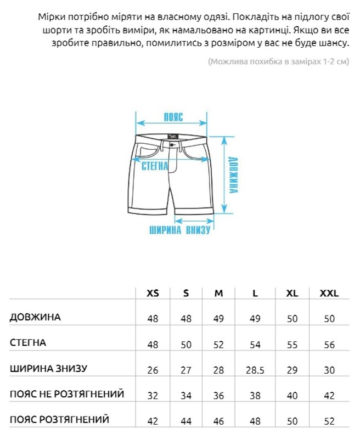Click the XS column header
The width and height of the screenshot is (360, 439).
[x=153, y=294]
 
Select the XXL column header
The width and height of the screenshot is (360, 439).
[x=329, y=294]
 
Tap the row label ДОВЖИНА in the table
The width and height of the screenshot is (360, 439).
[x=35, y=317]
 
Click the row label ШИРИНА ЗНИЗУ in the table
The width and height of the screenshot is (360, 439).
[x=48, y=368]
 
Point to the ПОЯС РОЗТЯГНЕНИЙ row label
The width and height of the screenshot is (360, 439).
[x=59, y=419]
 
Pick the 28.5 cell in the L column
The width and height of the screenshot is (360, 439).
[x=255, y=370]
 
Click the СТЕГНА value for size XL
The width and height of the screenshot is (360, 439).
[x=292, y=345]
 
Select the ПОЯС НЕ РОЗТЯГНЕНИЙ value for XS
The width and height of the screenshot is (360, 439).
[x=153, y=396]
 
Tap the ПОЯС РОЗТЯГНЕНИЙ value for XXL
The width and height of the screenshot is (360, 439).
[x=329, y=421]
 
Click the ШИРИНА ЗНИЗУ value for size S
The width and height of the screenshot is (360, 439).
[x=186, y=370]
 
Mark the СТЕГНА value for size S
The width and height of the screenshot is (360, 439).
[x=186, y=345]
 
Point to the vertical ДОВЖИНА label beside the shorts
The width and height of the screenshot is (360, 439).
[x=234, y=175]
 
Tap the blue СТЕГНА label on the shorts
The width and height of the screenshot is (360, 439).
[x=155, y=166]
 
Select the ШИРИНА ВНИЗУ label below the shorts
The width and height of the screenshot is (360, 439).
[x=180, y=230]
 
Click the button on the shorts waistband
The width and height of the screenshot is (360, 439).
[x=174, y=145]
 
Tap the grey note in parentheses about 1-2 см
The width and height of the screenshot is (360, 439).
[x=278, y=61]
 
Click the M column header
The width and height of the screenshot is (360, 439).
[x=218, y=294]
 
